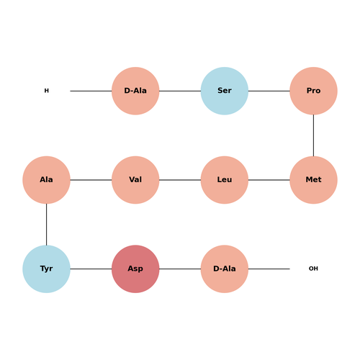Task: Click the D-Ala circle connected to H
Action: point(135,91)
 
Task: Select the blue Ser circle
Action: point(225,91)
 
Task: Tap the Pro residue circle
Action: point(313,91)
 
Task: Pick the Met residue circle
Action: point(313,180)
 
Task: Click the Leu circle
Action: point(225,180)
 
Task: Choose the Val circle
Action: point(135,180)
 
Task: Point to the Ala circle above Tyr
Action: point(46,180)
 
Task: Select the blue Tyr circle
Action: point(46,269)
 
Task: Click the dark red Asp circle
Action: point(135,269)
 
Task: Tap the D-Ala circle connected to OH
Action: point(225,269)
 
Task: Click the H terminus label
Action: point(47,91)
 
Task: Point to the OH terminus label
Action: point(313,269)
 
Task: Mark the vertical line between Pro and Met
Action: point(313,135)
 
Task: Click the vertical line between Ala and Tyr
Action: point(46,225)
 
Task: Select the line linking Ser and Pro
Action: point(269,91)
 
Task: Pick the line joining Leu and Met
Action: point(269,180)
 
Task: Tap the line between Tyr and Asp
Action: point(91,269)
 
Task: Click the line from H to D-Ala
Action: point(91,91)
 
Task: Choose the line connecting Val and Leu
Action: point(180,180)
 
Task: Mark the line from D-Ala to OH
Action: point(269,269)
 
